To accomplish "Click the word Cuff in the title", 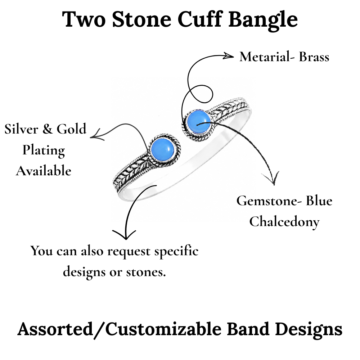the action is (x=200, y=19).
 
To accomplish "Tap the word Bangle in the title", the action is (x=263, y=21).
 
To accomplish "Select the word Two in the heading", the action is (x=84, y=19).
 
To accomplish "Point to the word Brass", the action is (x=314, y=57).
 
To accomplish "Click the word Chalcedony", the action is (x=284, y=222).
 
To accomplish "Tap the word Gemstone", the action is (x=267, y=201).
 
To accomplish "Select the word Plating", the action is (x=44, y=151).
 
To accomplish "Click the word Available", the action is (x=44, y=171).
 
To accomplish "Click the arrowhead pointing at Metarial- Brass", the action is (x=228, y=56).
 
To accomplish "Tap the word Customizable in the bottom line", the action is (x=163, y=329).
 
